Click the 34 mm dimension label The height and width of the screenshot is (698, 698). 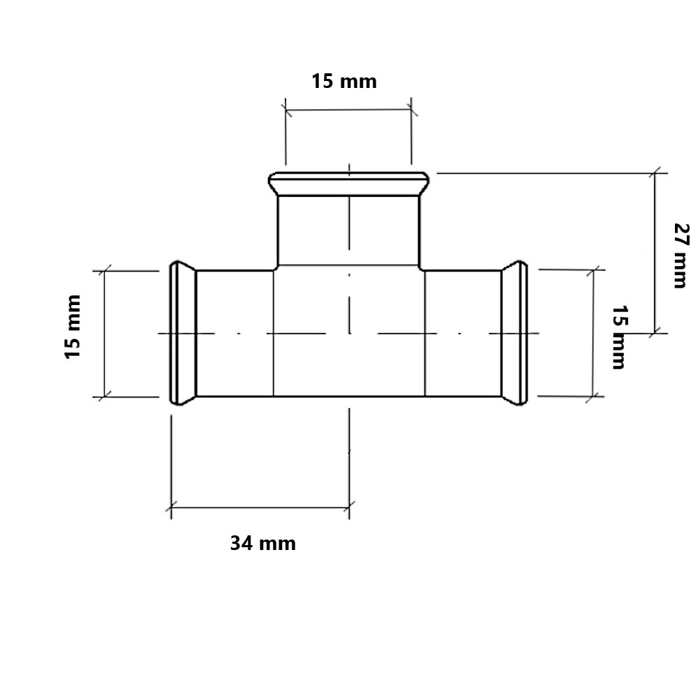262,544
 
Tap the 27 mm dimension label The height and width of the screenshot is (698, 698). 681,255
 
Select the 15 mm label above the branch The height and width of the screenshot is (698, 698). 343,82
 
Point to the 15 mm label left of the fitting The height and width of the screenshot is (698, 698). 73,327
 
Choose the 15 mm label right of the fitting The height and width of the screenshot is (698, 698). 618,337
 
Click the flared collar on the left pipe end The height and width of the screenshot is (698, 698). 182,333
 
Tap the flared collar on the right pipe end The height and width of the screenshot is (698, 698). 514,333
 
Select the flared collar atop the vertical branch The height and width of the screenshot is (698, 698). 349,184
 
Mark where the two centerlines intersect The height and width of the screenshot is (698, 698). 350,333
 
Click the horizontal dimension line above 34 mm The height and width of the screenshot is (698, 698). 260,507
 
